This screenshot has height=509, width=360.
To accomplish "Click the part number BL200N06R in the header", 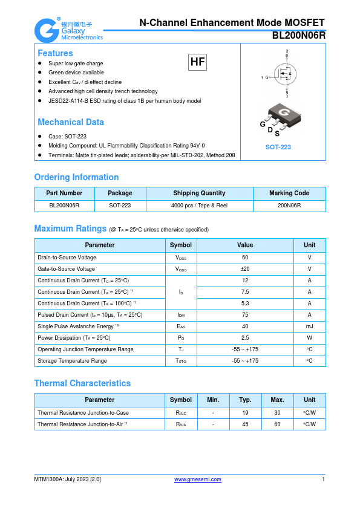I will click(298, 35).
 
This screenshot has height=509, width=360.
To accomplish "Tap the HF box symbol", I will click(198, 62).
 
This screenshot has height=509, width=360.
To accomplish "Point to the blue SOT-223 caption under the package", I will click(278, 147).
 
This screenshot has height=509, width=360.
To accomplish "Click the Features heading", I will click(55, 53).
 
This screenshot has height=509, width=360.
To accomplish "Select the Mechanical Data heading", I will click(71, 122).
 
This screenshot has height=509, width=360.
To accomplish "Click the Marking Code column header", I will click(289, 193).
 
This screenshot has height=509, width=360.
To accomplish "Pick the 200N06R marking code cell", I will click(289, 206).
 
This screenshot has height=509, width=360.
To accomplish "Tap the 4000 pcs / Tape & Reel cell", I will click(199, 206).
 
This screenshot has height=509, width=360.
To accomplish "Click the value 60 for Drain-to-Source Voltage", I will click(245, 258).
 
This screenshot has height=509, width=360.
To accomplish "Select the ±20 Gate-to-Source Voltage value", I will click(245, 269).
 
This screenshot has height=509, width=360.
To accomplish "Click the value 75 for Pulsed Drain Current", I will click(245, 315).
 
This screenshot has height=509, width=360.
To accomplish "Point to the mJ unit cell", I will click(309, 326).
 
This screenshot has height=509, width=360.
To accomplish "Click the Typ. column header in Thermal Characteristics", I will click(245, 400).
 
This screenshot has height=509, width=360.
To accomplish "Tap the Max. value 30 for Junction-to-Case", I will click(277, 412).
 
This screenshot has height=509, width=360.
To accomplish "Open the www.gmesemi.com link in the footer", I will click(198, 479).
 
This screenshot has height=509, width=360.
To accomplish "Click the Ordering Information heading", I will click(76, 177).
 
